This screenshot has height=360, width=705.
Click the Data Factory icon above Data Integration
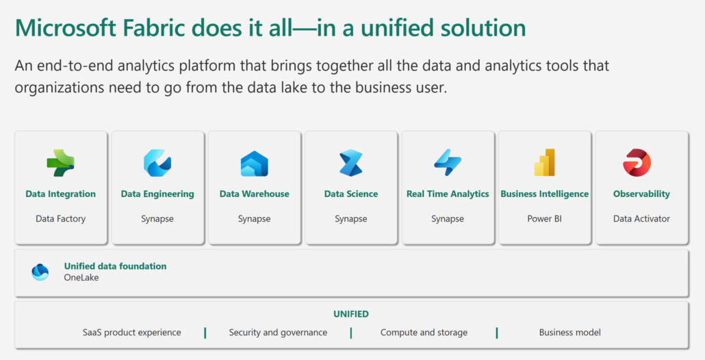(x=60, y=162)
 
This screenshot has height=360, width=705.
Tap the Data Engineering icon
(x=157, y=163)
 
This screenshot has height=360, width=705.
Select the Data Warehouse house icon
(x=254, y=164)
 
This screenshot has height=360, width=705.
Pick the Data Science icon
(x=351, y=163)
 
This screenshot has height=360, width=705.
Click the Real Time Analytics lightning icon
(x=448, y=162)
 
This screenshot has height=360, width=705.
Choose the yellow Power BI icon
(x=544, y=162)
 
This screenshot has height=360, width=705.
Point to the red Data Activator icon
(x=637, y=163)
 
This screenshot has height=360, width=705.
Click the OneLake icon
(x=40, y=272)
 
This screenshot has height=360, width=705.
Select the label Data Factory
(x=60, y=219)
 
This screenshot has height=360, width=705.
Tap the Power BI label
(x=544, y=219)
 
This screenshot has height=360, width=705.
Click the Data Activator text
(x=641, y=219)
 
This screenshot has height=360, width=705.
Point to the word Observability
(x=641, y=194)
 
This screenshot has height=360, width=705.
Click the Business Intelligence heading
(x=544, y=194)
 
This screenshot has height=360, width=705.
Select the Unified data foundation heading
(x=115, y=266)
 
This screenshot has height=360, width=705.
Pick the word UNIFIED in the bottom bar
(x=351, y=314)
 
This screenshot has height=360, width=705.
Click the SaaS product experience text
(x=132, y=333)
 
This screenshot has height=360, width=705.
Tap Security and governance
(x=278, y=333)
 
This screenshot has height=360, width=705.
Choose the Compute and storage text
(x=424, y=333)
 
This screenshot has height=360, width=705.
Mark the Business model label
(x=569, y=333)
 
